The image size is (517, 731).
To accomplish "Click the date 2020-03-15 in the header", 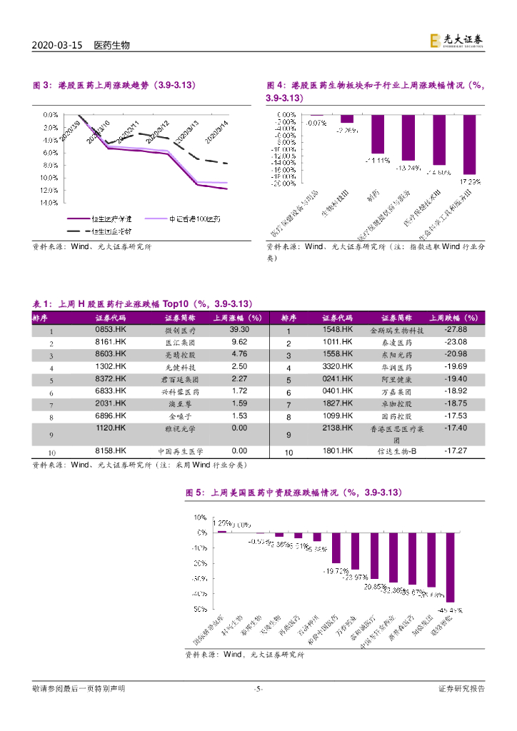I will point(59,45).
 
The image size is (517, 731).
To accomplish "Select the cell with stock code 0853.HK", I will point(110,330).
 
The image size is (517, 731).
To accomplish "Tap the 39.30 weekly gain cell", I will point(239,330).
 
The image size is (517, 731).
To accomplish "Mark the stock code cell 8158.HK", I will point(110,451).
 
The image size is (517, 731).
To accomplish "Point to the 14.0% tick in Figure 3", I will point(50,203).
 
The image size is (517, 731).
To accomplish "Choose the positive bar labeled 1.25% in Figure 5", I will point(222,531).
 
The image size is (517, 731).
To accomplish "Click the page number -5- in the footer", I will point(258,689).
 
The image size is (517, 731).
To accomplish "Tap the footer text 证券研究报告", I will point(461,689).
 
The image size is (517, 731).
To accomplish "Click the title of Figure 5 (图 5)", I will point(294,493).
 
